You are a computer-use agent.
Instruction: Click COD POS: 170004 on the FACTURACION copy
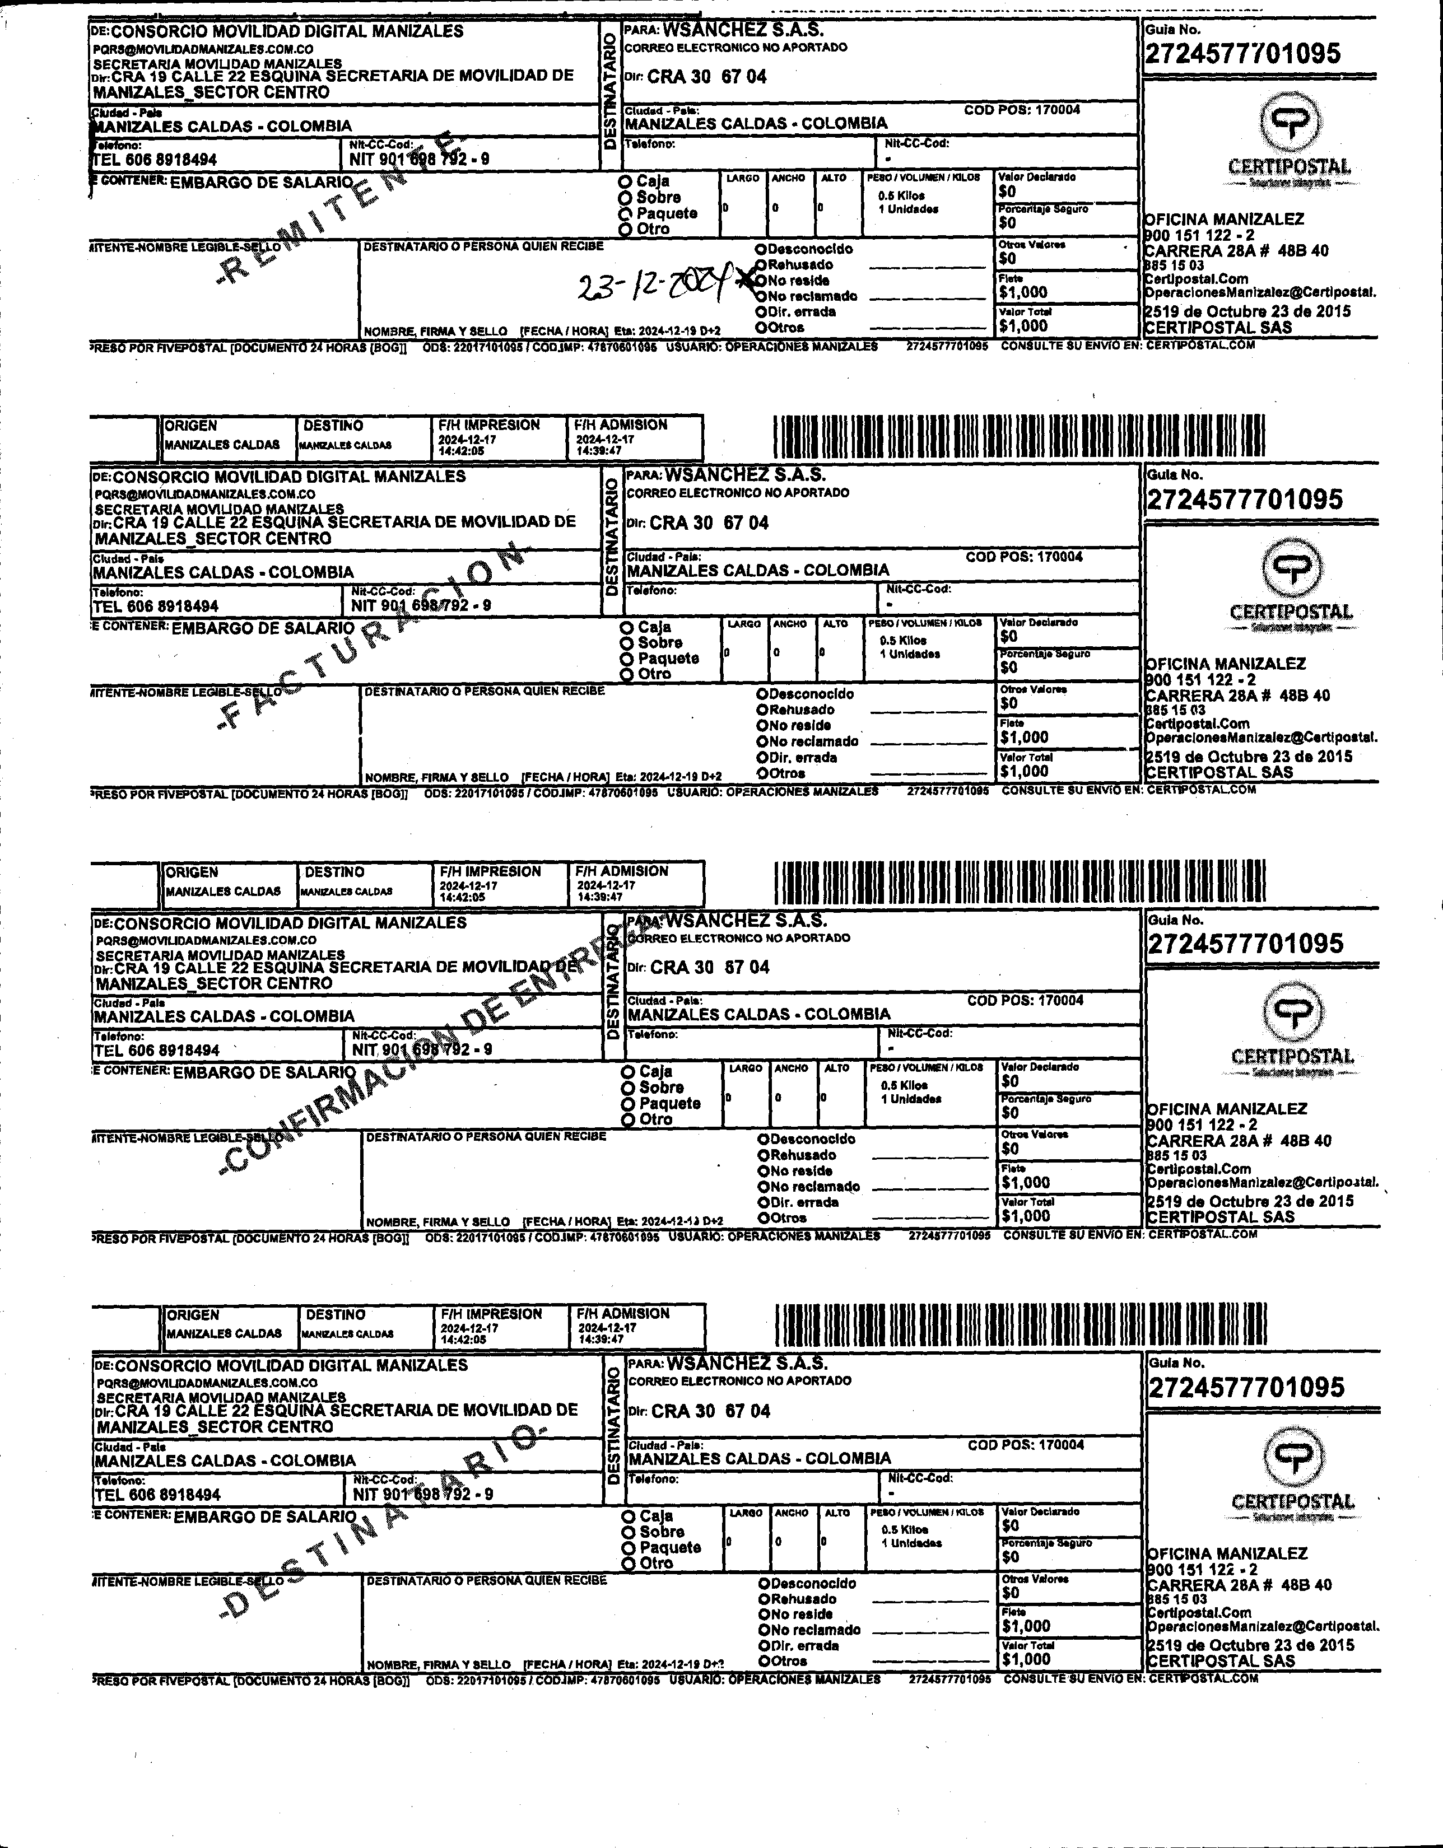coord(1023,557)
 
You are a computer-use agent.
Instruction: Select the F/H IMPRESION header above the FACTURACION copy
coord(489,425)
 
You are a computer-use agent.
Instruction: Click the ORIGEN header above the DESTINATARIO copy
coord(192,1315)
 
